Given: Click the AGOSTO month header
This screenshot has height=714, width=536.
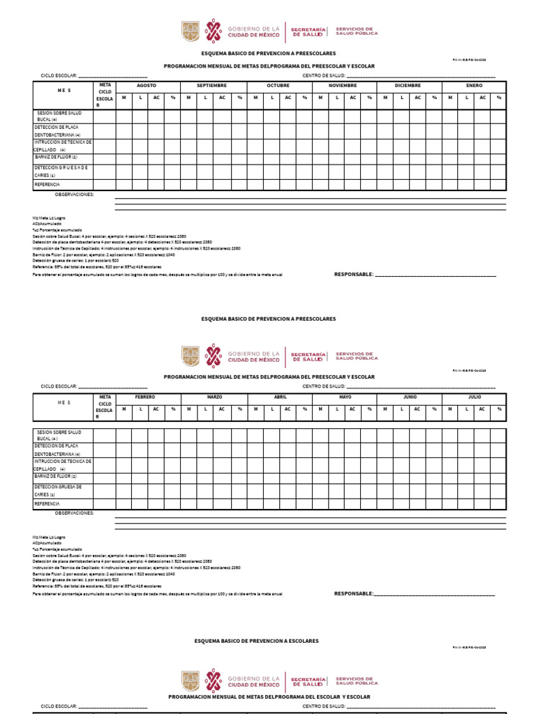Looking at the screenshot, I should pos(147,85).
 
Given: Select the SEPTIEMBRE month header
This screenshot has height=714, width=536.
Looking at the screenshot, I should pos(211,85).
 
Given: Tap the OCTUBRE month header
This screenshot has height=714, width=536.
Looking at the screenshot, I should pos(278,85).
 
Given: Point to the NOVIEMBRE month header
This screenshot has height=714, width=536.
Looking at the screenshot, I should pos(343,85).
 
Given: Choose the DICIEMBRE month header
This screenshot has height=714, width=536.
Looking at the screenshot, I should pos(408,85).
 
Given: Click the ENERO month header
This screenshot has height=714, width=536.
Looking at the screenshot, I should pos(475,85).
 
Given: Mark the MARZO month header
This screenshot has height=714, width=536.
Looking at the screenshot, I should pos(214,397).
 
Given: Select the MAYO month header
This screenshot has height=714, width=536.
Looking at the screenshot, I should pos(345,397).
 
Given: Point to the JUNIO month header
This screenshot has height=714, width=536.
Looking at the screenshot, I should pos(410,397).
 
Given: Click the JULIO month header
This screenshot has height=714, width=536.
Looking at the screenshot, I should pos(475,397).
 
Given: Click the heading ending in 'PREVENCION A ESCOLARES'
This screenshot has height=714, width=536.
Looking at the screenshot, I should pos(256,640).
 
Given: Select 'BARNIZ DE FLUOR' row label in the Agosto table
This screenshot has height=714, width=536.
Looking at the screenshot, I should pos(61,157).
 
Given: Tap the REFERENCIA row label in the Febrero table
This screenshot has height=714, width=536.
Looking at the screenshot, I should pos(47,503).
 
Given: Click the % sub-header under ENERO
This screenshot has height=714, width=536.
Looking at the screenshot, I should pos(499,97).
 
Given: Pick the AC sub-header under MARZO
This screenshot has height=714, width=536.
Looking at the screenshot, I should pos(222,409).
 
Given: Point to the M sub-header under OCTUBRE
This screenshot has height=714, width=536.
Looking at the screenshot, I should pos(255,97).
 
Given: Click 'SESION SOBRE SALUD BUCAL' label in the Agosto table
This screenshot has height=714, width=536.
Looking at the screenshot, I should pos(59,116).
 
